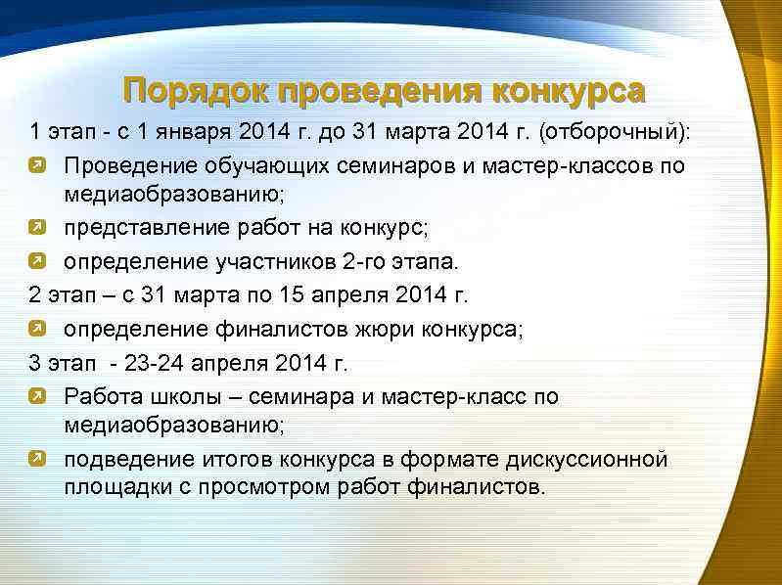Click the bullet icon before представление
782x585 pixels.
click(x=37, y=229)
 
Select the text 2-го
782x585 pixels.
click(x=371, y=261)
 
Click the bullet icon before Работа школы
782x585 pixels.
click(x=37, y=396)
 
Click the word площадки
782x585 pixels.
click(x=109, y=486)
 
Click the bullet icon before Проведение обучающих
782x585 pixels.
click(x=37, y=164)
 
